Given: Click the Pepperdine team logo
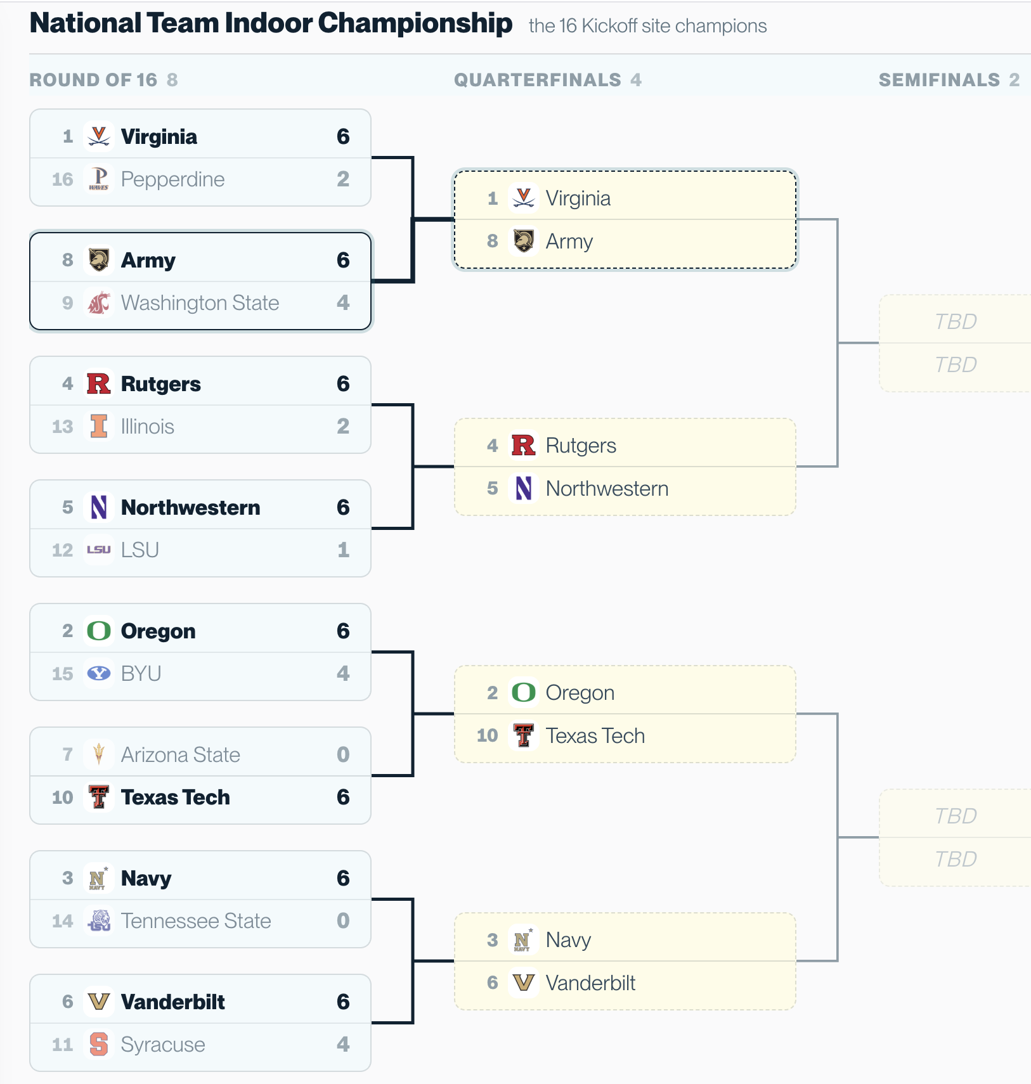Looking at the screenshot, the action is (99, 179).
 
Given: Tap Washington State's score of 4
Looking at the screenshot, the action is (343, 302).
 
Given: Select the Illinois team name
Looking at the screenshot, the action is (147, 426).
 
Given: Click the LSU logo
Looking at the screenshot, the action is (99, 550).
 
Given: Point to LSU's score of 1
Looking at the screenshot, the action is (343, 550).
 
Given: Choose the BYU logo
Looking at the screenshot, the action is (99, 673).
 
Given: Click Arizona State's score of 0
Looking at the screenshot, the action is (343, 754).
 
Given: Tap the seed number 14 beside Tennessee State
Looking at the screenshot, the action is (63, 920).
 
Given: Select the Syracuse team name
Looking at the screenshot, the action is (163, 1044).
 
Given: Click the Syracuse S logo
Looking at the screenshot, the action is (99, 1044).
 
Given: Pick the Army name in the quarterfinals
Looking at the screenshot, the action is (569, 242).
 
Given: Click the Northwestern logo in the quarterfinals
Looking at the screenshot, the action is (524, 488).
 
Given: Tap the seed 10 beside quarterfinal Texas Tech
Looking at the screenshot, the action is (488, 735).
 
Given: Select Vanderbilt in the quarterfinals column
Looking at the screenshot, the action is (590, 983).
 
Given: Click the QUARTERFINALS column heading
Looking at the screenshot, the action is (538, 80).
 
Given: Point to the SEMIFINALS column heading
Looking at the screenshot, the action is (940, 80).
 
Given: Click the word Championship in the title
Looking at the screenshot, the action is (415, 23).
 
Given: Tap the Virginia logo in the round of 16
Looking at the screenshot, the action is (99, 136).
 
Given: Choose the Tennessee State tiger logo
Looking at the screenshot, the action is (99, 920).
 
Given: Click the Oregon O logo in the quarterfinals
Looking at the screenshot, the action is (524, 692).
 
